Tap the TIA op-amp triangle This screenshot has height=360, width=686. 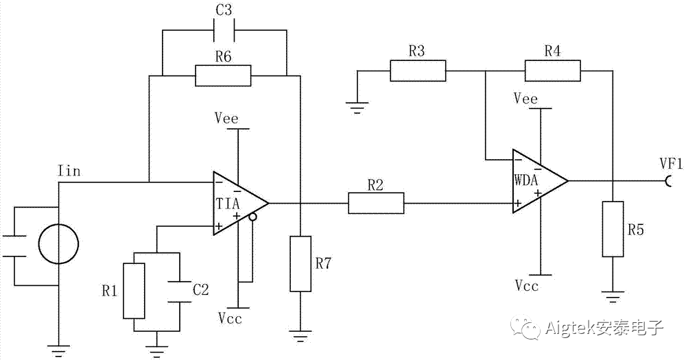click(237, 203)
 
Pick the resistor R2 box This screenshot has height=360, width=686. click(376, 203)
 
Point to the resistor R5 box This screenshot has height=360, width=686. click(613, 229)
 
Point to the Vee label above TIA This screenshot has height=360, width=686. click(226, 119)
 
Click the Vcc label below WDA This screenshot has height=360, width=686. click(528, 285)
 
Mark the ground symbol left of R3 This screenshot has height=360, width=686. click(357, 106)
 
